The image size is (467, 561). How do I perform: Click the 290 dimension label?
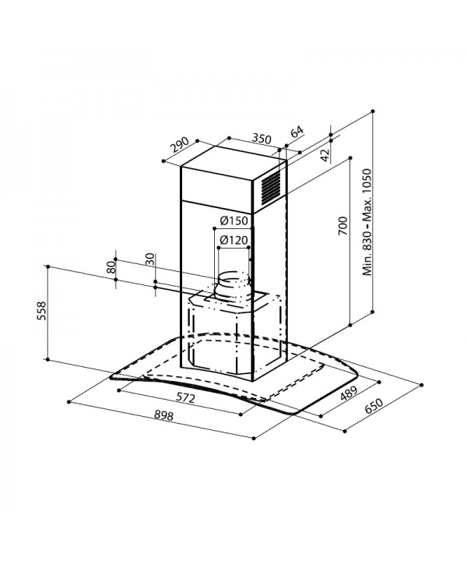click(x=180, y=145)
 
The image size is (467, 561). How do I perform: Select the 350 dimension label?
click(x=262, y=138)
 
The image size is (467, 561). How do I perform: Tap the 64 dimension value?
click(x=297, y=132)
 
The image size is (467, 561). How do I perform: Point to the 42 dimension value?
click(x=325, y=154)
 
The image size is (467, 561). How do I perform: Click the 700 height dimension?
click(x=342, y=225)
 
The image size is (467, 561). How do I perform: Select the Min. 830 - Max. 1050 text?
click(x=367, y=222)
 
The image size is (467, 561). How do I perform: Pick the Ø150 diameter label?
click(x=234, y=221)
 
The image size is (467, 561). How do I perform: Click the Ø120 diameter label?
click(x=234, y=240)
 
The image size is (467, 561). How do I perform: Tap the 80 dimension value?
click(x=111, y=267)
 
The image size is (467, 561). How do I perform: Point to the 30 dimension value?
click(x=150, y=259)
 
